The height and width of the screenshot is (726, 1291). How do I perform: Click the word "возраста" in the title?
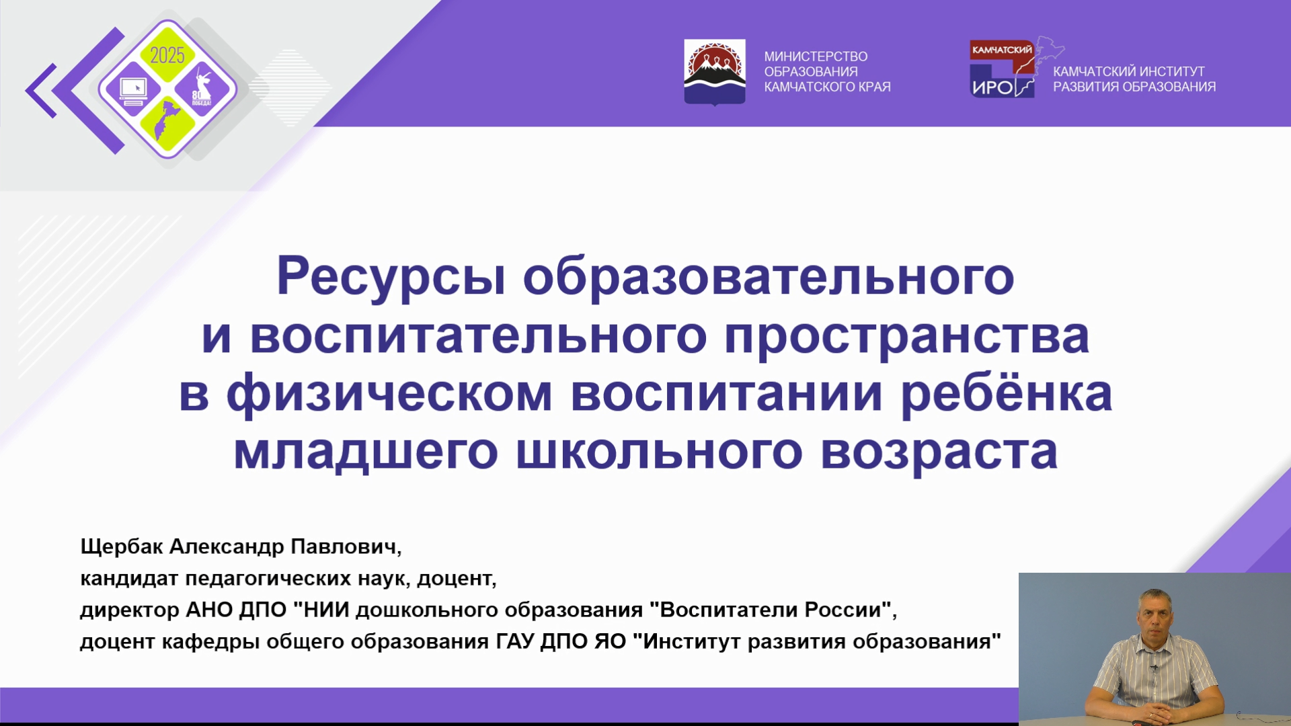939,452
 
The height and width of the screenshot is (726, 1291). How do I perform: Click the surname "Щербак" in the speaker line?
121,547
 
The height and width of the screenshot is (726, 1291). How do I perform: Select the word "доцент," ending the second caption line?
457,578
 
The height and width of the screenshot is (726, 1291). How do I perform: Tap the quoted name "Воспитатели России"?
770,609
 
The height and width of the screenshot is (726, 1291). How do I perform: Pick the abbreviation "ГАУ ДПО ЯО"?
561,641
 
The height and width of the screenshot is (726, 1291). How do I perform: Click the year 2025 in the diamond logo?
167,55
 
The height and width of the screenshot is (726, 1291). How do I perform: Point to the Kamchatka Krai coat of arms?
714,72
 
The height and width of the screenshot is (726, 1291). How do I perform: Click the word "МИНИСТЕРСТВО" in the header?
816,56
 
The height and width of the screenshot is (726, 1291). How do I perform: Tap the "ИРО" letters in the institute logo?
992,87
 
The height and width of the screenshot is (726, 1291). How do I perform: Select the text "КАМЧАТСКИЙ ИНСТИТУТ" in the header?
1128,71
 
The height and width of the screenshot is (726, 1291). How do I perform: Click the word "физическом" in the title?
389,394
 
